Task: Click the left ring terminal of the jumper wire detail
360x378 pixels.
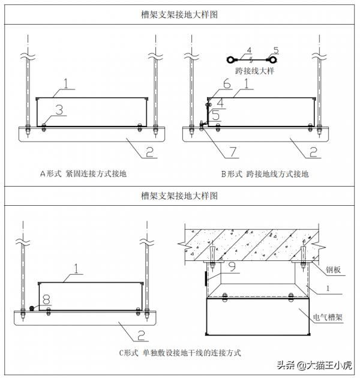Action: pos(230,59)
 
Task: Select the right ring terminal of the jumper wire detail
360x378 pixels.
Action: pos(280,59)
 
